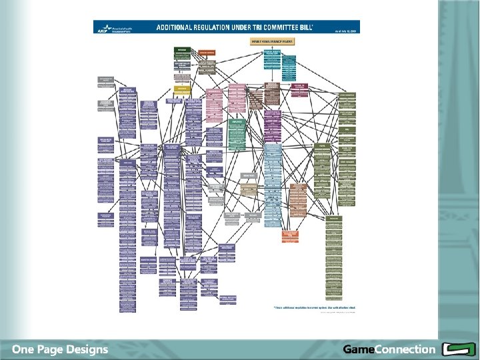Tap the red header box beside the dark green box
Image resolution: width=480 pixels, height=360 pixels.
[x=207, y=51]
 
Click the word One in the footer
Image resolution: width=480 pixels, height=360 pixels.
[x=27, y=349]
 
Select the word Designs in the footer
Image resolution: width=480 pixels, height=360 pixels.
[x=89, y=349]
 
